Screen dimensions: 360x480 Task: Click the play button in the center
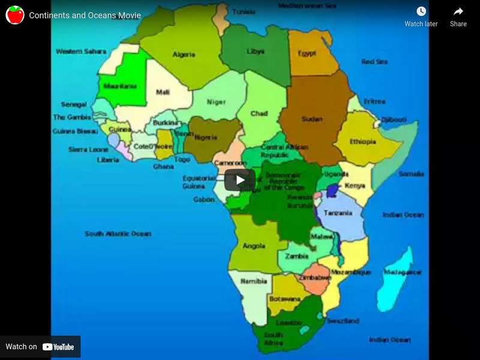point(240,179)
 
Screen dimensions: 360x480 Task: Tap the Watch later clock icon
point(421,11)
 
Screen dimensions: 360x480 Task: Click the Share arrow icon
point(458,11)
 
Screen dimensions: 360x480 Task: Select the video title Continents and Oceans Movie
point(85,15)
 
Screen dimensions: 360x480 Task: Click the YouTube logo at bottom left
point(58,347)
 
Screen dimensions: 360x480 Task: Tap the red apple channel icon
point(15,15)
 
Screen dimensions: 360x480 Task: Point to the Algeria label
point(184,55)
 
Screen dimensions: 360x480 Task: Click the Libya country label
point(255,52)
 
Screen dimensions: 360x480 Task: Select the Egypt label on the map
point(307,53)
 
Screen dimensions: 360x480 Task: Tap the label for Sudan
point(312,119)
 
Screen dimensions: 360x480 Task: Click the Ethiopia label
point(363,142)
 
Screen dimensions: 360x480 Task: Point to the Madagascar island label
point(403,272)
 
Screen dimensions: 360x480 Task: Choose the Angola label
point(254,246)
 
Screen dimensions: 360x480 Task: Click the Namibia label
point(253,281)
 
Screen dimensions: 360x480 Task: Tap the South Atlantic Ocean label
point(118,233)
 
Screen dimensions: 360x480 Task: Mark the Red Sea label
point(375,62)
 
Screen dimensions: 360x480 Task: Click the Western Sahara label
point(81,52)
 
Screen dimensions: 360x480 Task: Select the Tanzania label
point(338,214)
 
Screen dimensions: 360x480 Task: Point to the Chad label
point(259,113)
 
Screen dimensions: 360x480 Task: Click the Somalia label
point(412,174)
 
